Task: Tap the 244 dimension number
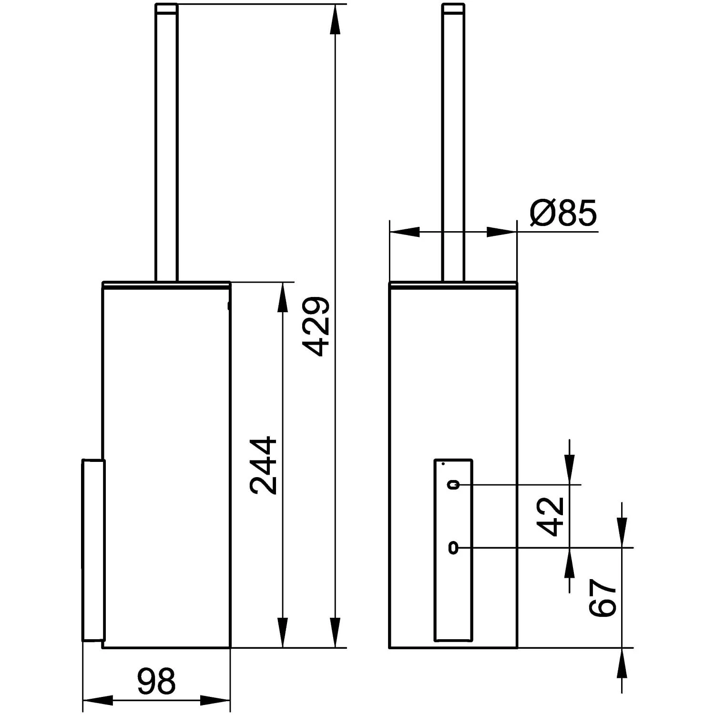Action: point(264,465)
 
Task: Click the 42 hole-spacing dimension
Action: point(550,516)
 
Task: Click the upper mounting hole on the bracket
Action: point(453,485)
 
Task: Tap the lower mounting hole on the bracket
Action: point(453,549)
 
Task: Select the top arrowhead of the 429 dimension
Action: point(336,19)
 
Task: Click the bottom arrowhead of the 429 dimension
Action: point(336,633)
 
